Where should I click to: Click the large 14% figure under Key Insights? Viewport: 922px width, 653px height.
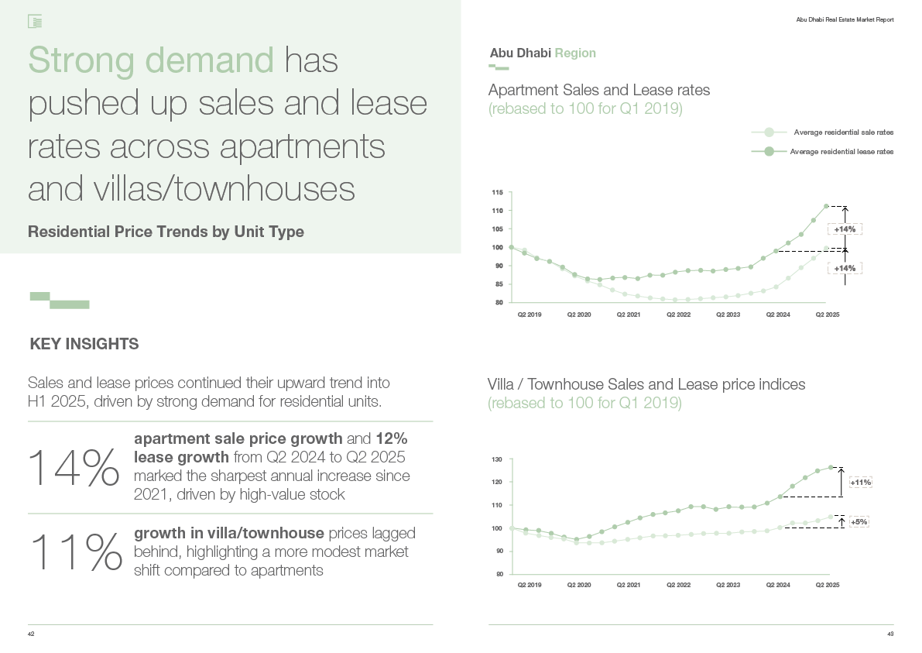tap(74, 469)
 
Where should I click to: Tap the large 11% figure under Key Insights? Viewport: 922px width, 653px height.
tap(75, 552)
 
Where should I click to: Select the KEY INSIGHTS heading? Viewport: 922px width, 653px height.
tap(84, 344)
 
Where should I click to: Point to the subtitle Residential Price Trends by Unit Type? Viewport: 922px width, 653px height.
tap(166, 232)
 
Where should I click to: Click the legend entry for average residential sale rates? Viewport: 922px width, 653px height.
tap(842, 132)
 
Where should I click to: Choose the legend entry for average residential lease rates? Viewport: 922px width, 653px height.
tap(841, 152)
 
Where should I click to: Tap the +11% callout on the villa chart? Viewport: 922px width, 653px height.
tap(860, 483)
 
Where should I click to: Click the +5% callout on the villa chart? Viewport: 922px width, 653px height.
tap(859, 522)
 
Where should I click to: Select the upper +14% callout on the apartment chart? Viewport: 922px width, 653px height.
tap(845, 229)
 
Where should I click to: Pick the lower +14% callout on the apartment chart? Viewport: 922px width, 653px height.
tap(845, 268)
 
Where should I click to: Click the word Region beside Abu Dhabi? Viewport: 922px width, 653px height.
tap(575, 53)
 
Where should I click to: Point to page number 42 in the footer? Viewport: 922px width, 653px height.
tap(31, 634)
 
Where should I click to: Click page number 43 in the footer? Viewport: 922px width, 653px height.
tap(890, 634)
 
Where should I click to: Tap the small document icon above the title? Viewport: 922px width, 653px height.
tap(34, 22)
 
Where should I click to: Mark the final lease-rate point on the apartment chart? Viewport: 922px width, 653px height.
tap(826, 206)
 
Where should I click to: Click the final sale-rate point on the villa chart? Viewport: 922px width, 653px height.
tap(831, 517)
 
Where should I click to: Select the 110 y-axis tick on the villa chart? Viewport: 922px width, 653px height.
tap(498, 505)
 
